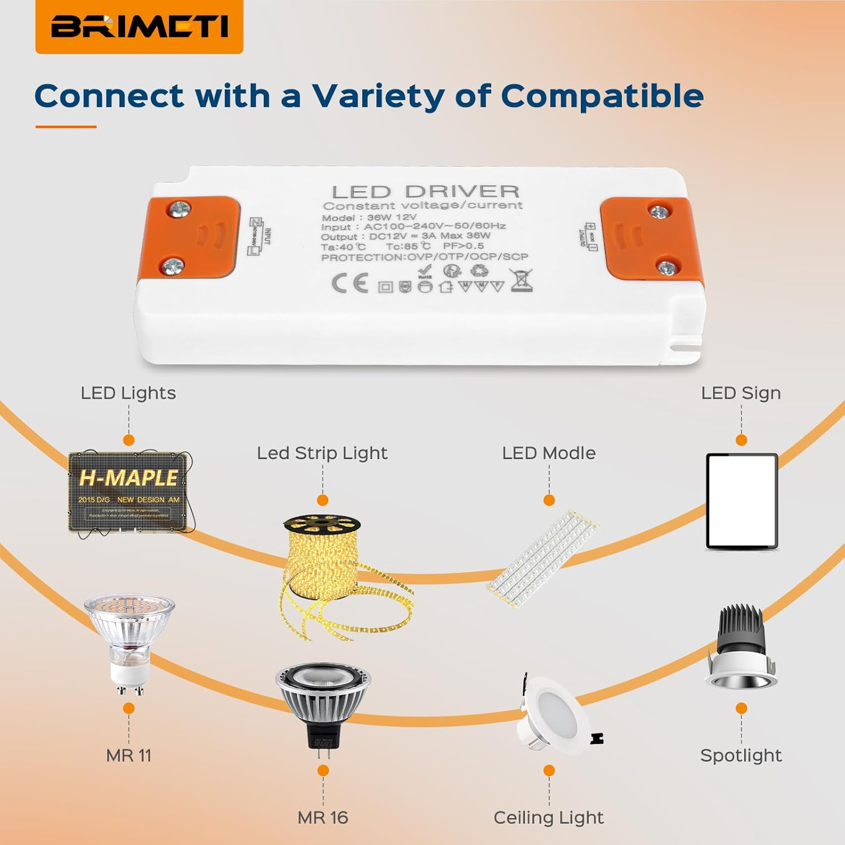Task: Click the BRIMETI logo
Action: click(x=139, y=26)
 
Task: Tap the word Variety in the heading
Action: click(x=378, y=96)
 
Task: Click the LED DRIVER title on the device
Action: click(x=425, y=192)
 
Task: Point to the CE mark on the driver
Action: click(x=350, y=283)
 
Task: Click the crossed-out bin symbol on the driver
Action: click(x=521, y=280)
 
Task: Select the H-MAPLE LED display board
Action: click(x=130, y=492)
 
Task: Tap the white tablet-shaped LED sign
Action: click(x=742, y=501)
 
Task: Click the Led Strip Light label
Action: click(x=322, y=453)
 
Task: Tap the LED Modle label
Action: click(x=549, y=453)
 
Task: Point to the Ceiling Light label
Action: click(x=549, y=817)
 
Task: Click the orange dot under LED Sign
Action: click(x=741, y=440)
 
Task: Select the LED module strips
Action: click(x=542, y=558)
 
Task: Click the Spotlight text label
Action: click(x=741, y=755)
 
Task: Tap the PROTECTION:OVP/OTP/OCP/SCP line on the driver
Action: click(x=425, y=257)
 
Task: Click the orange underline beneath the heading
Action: click(x=66, y=127)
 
